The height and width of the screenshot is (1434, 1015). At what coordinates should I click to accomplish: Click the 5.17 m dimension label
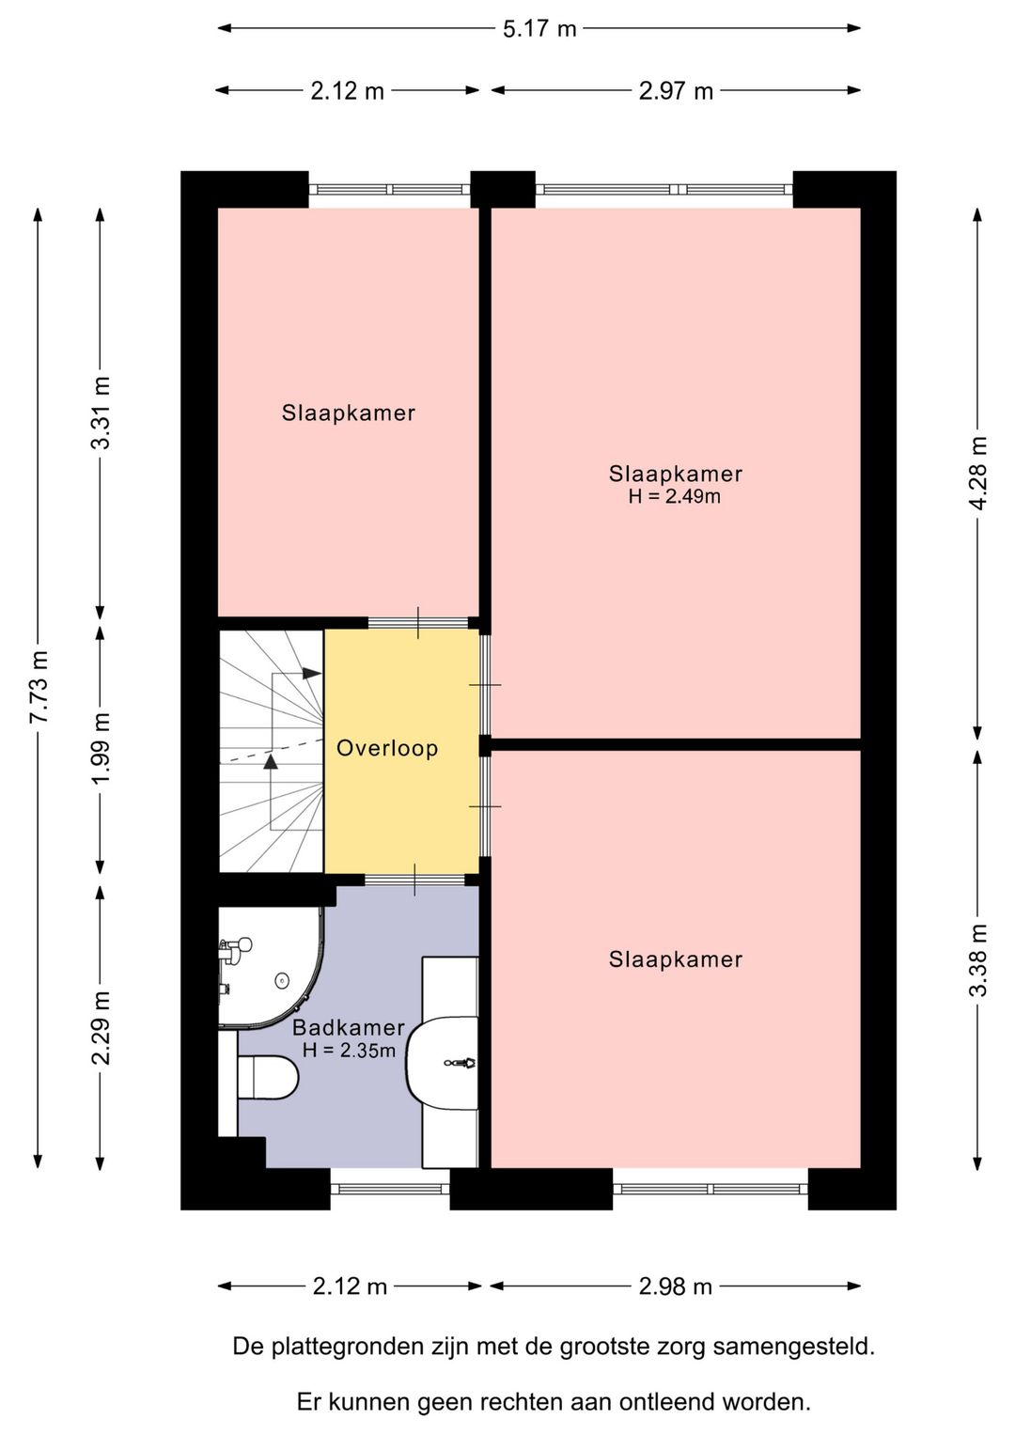[539, 29]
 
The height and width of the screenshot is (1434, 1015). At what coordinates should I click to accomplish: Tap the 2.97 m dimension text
[676, 91]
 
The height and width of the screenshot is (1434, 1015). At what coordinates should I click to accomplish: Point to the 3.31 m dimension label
[101, 413]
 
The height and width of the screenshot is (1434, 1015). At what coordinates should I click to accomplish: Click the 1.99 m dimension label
[101, 748]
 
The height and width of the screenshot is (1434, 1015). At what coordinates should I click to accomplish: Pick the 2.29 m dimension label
[101, 1027]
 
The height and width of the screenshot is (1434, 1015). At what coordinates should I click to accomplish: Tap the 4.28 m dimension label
[978, 473]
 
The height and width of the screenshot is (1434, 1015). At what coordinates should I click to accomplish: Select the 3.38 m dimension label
[978, 960]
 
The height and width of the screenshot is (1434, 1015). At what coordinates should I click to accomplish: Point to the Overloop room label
[387, 748]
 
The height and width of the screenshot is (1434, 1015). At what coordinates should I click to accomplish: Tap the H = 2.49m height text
[675, 496]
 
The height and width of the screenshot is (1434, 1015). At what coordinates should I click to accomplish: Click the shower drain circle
[280, 980]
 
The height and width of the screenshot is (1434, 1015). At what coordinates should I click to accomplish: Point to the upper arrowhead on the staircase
[312, 674]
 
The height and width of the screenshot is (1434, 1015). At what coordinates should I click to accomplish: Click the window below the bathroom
[390, 1189]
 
